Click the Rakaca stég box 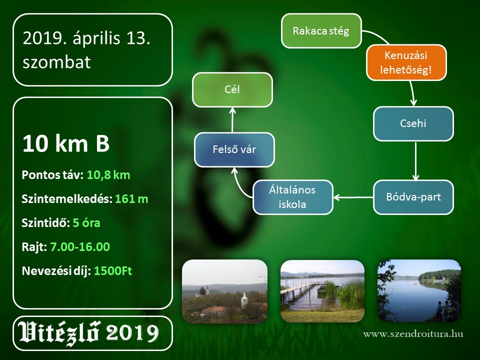pyautogui.click(x=321, y=30)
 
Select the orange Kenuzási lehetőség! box pyautogui.click(x=406, y=63)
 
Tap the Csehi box pyautogui.click(x=413, y=123)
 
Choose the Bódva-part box pyautogui.click(x=413, y=197)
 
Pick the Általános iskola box pyautogui.click(x=292, y=197)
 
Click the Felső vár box pyautogui.click(x=234, y=149)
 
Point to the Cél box pyautogui.click(x=232, y=89)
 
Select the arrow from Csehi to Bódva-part pyautogui.click(x=415, y=161)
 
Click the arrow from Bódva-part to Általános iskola pyautogui.click(x=353, y=197)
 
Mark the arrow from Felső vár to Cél pyautogui.click(x=232, y=119)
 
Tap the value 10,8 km pyautogui.click(x=108, y=175)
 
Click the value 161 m pyautogui.click(x=131, y=199)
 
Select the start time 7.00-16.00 pyautogui.click(x=80, y=246)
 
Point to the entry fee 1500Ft pyautogui.click(x=113, y=270)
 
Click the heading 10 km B pyautogui.click(x=66, y=143)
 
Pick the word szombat pyautogui.click(x=56, y=62)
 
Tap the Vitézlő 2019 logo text pyautogui.click(x=89, y=333)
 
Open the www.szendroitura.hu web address pyautogui.click(x=413, y=333)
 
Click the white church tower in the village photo pyautogui.click(x=244, y=299)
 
